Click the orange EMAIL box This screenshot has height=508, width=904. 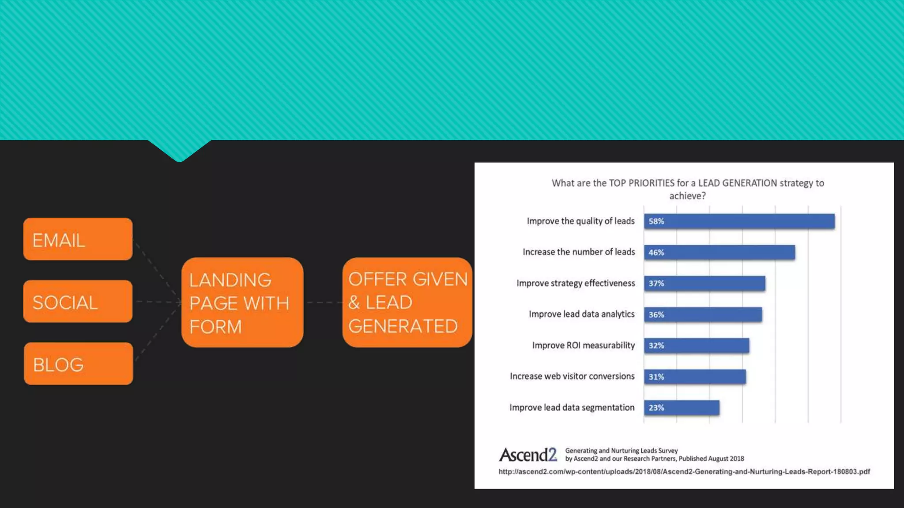point(78,239)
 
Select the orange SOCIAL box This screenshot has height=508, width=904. point(78,301)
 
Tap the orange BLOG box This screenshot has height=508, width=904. point(78,364)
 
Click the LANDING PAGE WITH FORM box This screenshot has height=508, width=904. point(242,303)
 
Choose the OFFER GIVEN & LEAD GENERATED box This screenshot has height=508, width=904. point(407,303)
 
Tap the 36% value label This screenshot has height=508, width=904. point(656,315)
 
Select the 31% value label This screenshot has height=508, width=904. point(656,377)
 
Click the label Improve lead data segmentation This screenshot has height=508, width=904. point(572,407)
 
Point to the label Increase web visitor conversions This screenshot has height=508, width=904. point(572,376)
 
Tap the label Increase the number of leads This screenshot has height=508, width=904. point(579,252)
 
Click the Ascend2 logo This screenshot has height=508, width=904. point(528,455)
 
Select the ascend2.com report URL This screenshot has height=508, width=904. point(684,471)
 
